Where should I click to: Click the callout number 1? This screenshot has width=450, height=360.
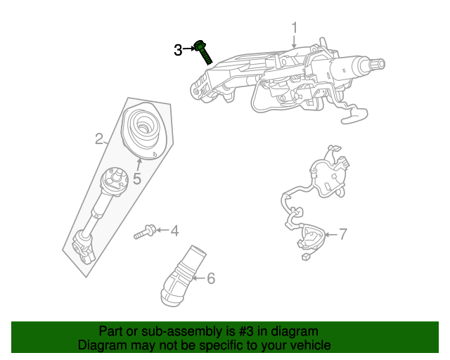295,27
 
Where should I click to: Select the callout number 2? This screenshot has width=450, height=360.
99,139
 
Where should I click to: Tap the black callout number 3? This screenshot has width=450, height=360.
178,49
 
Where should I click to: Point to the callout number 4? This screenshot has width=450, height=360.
174,230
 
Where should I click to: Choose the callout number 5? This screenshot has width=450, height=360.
137,179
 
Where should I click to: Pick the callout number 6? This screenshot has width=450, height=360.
210,278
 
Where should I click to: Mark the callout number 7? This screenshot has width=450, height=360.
342,234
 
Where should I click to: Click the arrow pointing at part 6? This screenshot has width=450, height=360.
198,278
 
